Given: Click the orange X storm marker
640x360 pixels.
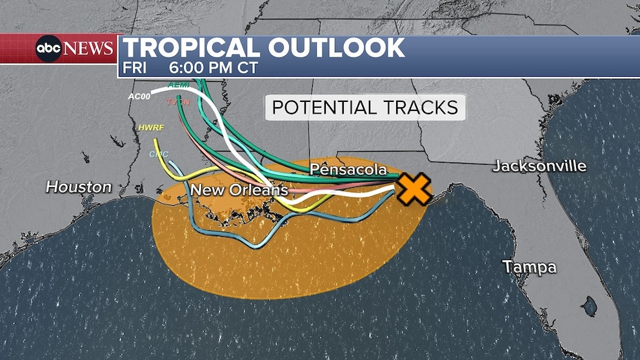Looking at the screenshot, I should tap(413, 188).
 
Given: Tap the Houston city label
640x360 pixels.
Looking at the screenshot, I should tap(79, 187).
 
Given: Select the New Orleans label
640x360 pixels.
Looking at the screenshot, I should tap(239, 190).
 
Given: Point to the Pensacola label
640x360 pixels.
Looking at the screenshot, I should tap(348, 170).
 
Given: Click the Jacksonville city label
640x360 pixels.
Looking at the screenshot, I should tap(539, 166).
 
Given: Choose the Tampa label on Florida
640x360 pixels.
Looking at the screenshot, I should tap(530, 266).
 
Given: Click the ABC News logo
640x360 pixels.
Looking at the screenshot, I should tap(74, 48).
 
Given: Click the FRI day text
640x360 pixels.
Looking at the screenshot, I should tap(135, 68).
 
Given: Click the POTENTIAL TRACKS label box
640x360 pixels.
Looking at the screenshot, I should tap(365, 107).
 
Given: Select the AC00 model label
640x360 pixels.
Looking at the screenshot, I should tap(139, 96).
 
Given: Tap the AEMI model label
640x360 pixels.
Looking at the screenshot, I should tap(178, 85).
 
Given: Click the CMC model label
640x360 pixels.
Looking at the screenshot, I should tap(158, 154).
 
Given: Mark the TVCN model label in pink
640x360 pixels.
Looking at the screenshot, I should tap(177, 103).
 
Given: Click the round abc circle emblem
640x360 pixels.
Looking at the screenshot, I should tap(48, 48).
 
